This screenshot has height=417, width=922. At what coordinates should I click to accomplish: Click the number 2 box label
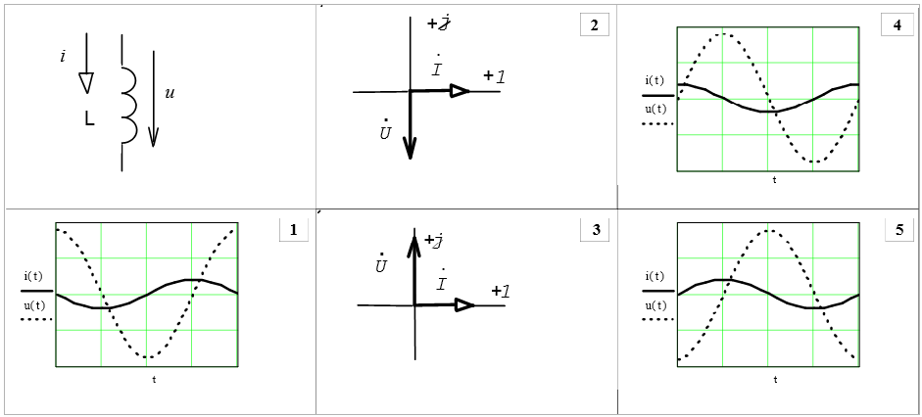(594, 25)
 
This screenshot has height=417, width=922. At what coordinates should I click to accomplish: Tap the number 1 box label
(293, 230)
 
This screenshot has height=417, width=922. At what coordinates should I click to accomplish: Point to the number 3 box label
(595, 230)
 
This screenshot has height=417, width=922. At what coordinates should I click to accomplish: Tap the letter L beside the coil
(89, 119)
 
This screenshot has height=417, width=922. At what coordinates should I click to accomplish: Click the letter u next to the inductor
(170, 93)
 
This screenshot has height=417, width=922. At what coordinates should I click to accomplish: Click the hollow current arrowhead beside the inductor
(86, 82)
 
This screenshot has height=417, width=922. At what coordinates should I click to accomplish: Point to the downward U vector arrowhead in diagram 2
(411, 146)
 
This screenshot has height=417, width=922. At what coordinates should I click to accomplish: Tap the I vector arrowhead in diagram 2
(459, 91)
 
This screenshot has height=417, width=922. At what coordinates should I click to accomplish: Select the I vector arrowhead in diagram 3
(464, 305)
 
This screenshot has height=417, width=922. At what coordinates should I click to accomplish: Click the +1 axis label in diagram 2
(494, 76)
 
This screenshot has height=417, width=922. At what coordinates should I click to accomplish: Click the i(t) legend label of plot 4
(655, 80)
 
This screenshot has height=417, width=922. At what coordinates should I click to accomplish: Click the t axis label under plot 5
(775, 378)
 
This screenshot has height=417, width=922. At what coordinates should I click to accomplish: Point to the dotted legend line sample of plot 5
(657, 319)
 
